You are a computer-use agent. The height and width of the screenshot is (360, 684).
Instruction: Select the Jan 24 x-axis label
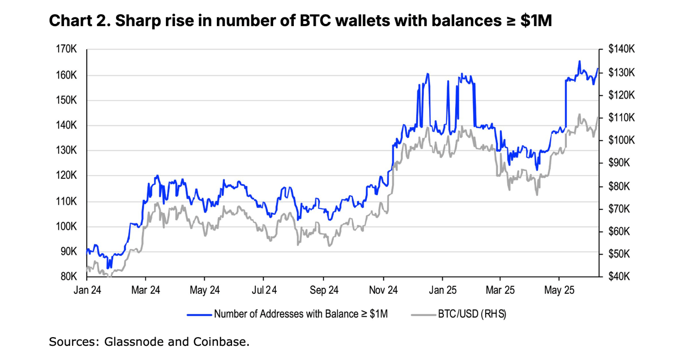coord(87,290)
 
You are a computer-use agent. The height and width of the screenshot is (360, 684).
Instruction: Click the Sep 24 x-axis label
coord(324,290)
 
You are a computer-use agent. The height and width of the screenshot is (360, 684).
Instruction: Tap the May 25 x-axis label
coord(559,290)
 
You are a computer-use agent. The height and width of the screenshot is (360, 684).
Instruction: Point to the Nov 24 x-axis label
coord(383,290)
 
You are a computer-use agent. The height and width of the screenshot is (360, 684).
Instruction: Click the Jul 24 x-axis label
coord(264,290)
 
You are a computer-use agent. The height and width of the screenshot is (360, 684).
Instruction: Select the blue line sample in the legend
coord(199,314)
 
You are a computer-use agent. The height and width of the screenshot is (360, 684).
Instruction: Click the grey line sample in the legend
coord(423,314)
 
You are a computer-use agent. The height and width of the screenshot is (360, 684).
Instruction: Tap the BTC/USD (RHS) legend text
coord(472,314)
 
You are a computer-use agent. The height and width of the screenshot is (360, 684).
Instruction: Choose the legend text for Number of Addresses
coord(301,314)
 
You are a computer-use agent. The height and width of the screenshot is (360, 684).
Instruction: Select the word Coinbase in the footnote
coord(221,342)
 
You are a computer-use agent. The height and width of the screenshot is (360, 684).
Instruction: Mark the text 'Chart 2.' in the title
coord(76,21)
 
